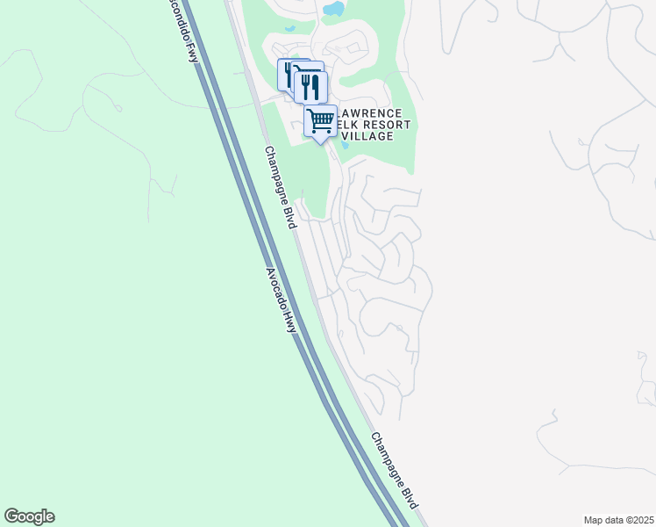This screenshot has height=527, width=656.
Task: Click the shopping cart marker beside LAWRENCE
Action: point(321,120)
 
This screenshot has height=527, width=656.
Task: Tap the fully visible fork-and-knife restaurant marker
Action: point(310,86)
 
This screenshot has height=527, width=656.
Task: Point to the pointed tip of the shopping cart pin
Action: point(321,141)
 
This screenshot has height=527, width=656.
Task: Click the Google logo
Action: point(29,516)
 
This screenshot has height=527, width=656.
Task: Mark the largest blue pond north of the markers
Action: point(333,10)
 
